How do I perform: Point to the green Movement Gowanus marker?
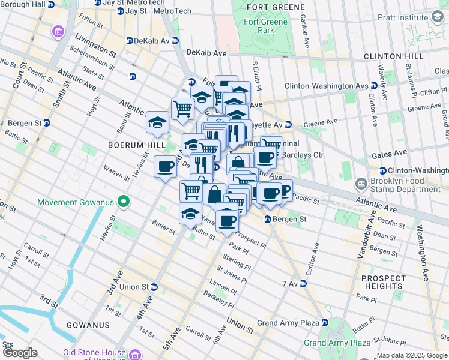124,202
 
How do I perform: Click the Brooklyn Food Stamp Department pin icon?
361,184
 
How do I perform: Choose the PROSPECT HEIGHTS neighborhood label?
384,282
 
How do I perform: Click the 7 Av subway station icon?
304,283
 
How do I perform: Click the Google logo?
20,352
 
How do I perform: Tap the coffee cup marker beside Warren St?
165,167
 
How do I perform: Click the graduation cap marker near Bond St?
157,123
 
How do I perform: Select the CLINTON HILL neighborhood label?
393,56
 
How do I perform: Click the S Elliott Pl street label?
255,75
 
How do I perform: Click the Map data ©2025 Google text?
412,355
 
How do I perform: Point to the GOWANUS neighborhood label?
88,325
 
